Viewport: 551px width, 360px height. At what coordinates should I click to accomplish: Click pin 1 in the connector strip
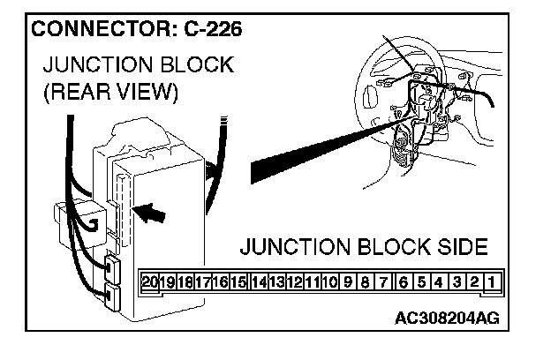click(x=491, y=282)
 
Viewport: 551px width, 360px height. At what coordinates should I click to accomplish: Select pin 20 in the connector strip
click(x=149, y=282)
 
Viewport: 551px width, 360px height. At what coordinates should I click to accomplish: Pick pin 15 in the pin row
click(x=238, y=282)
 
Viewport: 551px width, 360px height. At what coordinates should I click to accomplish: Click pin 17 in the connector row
click(x=201, y=282)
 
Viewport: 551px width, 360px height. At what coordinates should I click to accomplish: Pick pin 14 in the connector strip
click(x=258, y=282)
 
